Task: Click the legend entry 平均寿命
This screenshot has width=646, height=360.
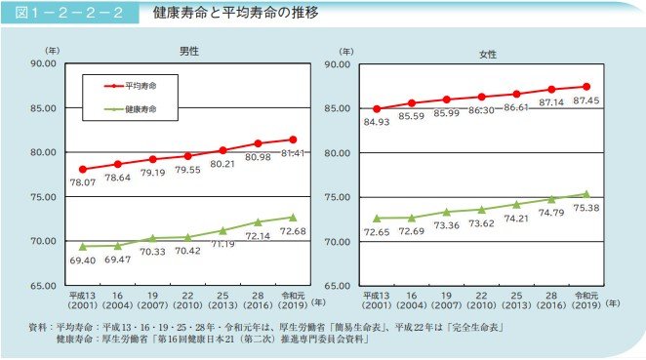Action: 141,85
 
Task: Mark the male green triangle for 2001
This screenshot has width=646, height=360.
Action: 83,246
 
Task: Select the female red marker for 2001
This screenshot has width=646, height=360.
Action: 378,109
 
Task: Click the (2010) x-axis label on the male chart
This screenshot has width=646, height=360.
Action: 188,303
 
